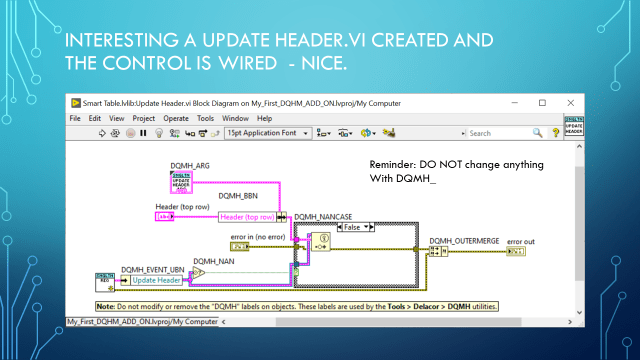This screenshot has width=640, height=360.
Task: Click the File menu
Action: [x=75, y=118]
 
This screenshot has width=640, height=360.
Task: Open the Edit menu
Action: [x=93, y=118]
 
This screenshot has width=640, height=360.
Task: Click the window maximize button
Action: [x=543, y=103]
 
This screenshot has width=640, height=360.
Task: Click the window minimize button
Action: [x=515, y=103]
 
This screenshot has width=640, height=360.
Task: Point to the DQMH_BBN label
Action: [x=236, y=196]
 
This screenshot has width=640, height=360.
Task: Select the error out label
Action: [x=521, y=241]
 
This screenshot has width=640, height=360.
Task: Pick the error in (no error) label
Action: [x=258, y=236]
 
